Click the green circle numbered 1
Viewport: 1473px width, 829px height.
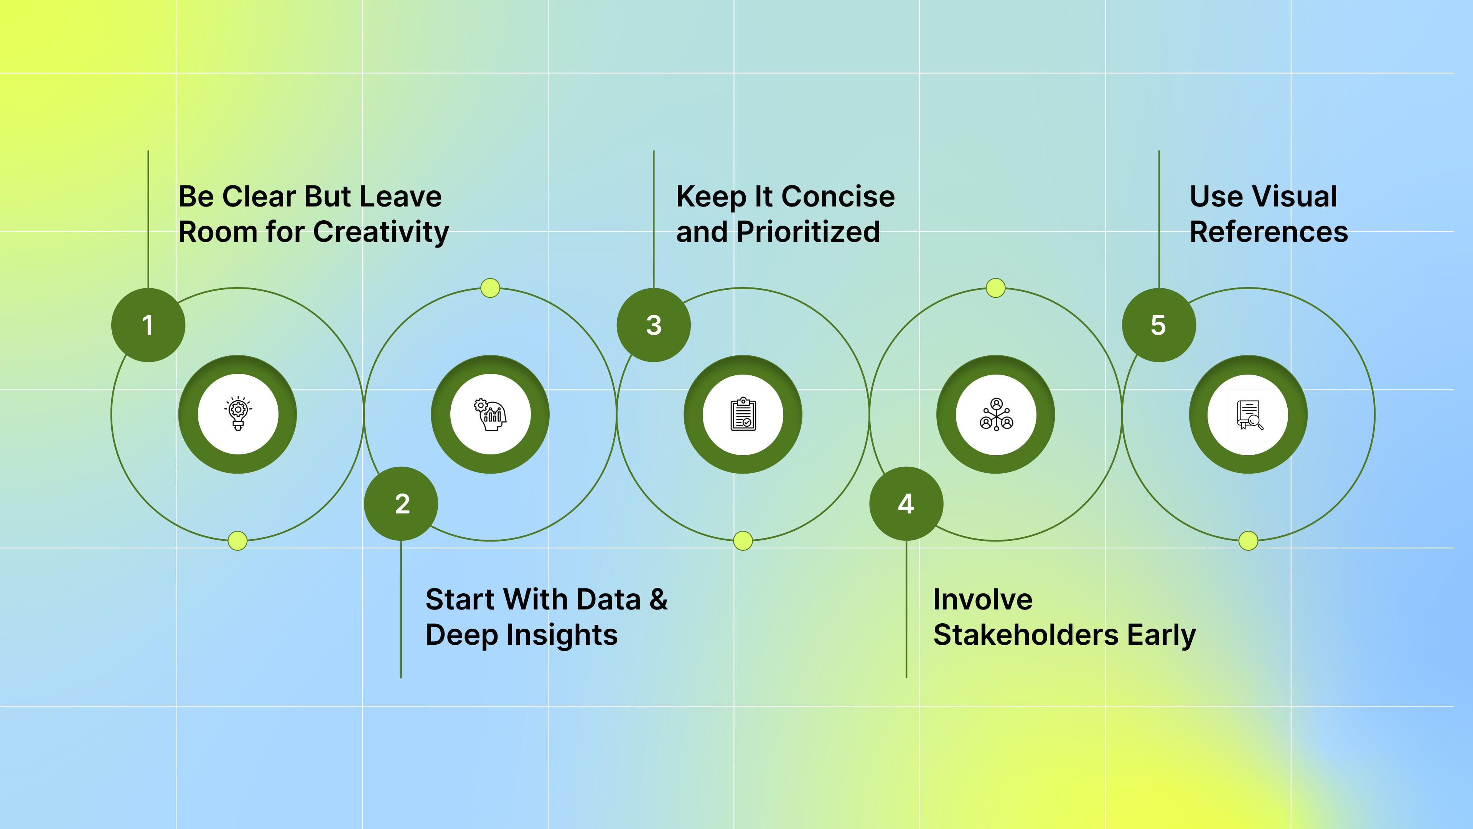point(148,325)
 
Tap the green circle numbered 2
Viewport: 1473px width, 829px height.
point(401,504)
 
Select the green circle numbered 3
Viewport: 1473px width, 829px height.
point(654,325)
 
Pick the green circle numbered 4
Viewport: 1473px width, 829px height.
point(906,504)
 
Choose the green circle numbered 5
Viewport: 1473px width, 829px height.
point(1158,325)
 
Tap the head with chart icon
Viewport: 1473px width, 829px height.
point(491,414)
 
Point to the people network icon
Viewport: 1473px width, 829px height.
point(996,414)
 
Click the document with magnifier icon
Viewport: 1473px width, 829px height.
point(1249,414)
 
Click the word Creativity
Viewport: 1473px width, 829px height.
point(381,232)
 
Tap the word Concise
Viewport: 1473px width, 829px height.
point(838,197)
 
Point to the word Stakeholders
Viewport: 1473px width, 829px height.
point(1025,635)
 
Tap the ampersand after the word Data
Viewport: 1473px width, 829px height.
point(659,599)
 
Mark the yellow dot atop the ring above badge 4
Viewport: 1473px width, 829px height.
point(995,288)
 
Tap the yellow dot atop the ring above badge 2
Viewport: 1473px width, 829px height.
point(490,288)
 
